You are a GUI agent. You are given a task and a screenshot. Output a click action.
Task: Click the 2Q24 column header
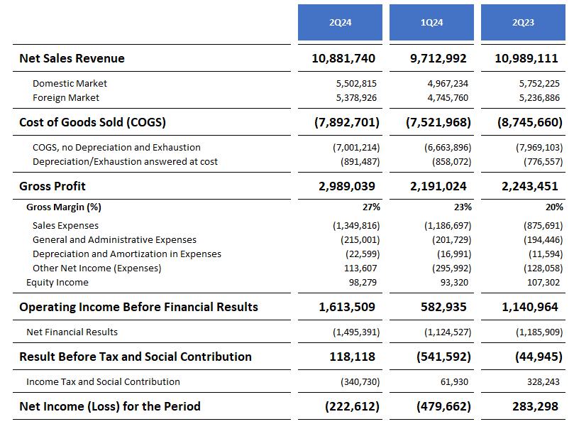click(x=340, y=23)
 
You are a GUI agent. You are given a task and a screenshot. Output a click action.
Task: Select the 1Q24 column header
click(x=431, y=23)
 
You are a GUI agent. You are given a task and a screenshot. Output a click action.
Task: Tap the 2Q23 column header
click(x=523, y=23)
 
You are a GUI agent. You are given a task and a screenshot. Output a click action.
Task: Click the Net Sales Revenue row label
click(x=72, y=58)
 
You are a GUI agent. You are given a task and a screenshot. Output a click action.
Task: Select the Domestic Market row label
click(x=70, y=83)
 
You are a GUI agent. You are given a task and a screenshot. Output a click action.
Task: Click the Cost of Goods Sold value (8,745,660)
click(x=530, y=122)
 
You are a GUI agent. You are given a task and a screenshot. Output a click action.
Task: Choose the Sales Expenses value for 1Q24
click(x=444, y=225)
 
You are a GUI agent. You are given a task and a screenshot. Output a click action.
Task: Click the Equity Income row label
click(x=57, y=282)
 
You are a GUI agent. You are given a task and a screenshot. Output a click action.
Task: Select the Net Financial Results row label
click(x=72, y=332)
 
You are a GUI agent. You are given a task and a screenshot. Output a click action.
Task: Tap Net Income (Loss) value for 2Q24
click(x=352, y=406)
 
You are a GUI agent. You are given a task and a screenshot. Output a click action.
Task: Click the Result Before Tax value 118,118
click(x=352, y=357)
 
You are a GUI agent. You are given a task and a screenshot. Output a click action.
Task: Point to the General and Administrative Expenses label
click(x=114, y=239)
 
